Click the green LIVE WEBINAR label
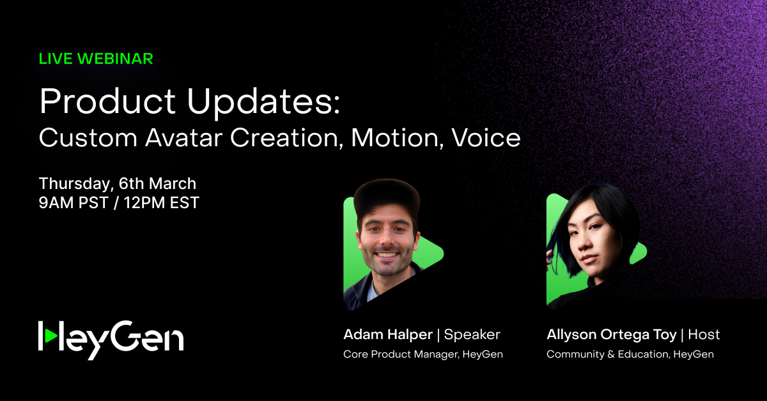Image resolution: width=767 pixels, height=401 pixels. [x=96, y=59]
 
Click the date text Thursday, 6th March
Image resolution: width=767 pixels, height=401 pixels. [x=118, y=184]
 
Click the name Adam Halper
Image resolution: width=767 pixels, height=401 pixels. [x=387, y=335]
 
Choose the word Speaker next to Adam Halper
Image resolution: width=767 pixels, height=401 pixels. [x=472, y=335]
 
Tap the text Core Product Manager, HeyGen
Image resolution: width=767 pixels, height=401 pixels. [x=423, y=354]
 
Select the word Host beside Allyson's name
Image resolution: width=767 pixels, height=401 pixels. [x=704, y=335]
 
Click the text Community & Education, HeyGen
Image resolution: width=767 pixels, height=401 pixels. [x=630, y=354]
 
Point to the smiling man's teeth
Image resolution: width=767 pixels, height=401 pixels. [x=385, y=255]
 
